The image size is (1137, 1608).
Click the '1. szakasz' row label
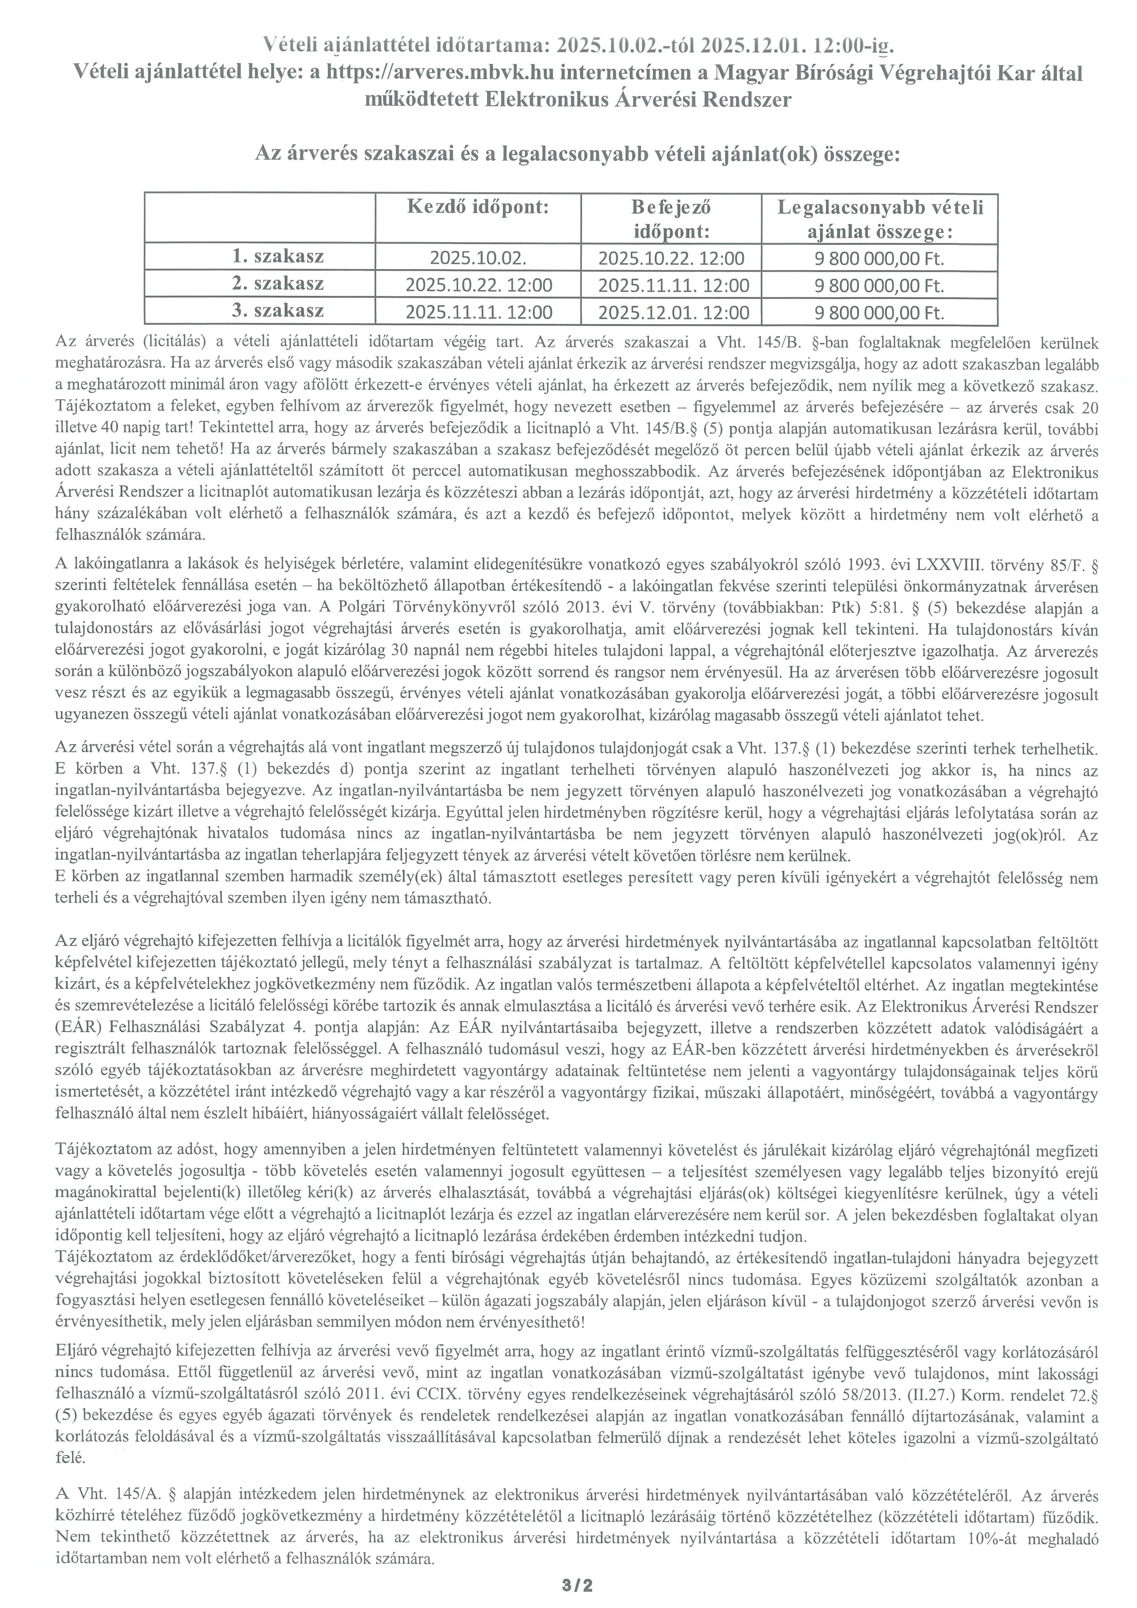[x=278, y=257]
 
